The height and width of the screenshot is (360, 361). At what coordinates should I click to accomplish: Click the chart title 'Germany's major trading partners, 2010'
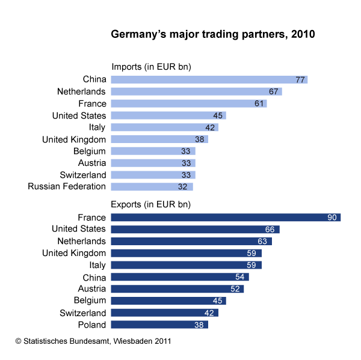point(212,34)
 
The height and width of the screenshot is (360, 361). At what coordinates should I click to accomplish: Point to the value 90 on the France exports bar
point(332,217)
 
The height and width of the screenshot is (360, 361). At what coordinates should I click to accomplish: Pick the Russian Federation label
point(67,186)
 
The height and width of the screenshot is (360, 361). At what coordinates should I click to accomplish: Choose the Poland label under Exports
point(92,325)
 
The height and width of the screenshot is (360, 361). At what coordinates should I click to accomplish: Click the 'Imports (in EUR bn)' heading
point(151,67)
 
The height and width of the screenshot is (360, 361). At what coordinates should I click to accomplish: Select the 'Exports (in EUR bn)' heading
point(151,204)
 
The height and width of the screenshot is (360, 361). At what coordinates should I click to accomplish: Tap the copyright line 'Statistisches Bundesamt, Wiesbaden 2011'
point(93,341)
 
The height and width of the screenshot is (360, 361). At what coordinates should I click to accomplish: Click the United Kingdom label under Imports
point(74,139)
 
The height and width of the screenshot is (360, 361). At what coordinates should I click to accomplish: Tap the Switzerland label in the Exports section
point(83,313)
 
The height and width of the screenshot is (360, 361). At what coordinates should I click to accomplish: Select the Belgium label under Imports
point(90,151)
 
